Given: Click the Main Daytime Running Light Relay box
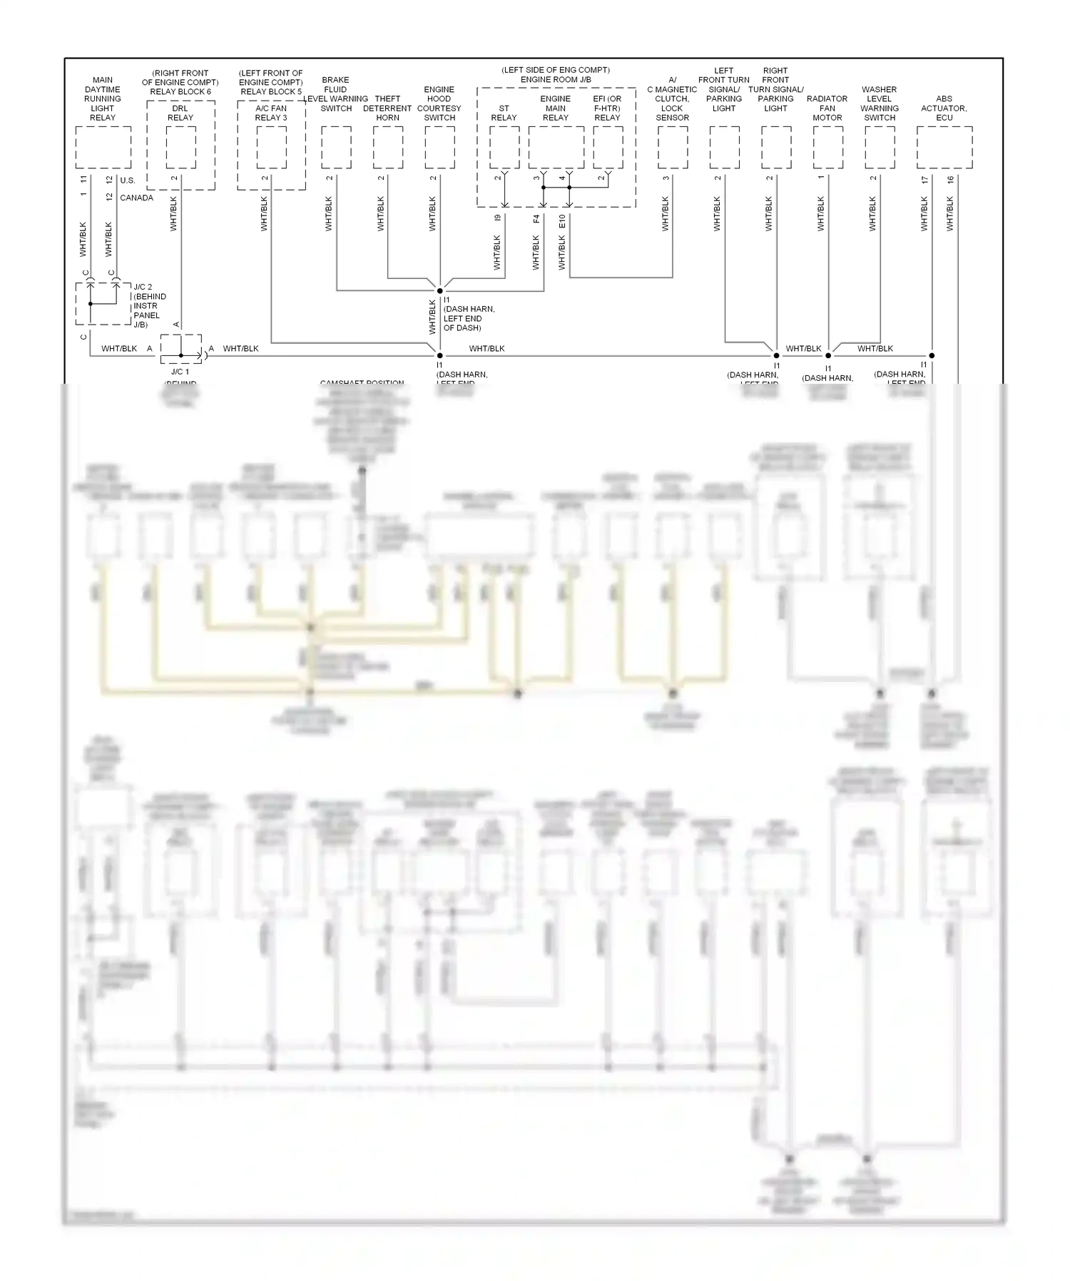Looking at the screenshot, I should [103, 148].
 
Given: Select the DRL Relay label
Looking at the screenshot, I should [180, 113].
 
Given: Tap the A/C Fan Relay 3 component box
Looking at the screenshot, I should [271, 148].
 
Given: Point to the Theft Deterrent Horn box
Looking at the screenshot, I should [388, 148].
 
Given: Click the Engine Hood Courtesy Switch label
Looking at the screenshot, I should [439, 103].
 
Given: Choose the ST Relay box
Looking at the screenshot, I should [504, 148].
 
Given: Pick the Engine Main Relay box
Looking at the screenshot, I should [556, 148].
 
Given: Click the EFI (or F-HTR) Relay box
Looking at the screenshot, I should [608, 148].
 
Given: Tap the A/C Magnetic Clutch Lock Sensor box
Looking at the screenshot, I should [673, 148].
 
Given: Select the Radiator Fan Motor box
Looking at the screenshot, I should [828, 148].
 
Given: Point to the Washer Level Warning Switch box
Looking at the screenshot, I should [880, 148].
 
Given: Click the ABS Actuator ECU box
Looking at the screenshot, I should [944, 148].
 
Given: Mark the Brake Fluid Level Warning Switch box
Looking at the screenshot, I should [336, 148].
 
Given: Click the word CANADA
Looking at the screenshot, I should [136, 198].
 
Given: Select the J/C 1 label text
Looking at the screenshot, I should [180, 372].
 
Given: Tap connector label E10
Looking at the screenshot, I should [562, 221].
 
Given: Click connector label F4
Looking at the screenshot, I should [536, 218].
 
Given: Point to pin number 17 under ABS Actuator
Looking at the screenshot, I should [925, 180].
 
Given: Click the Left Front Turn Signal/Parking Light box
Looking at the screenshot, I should [725, 148].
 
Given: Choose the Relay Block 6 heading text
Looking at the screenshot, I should [180, 92].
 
